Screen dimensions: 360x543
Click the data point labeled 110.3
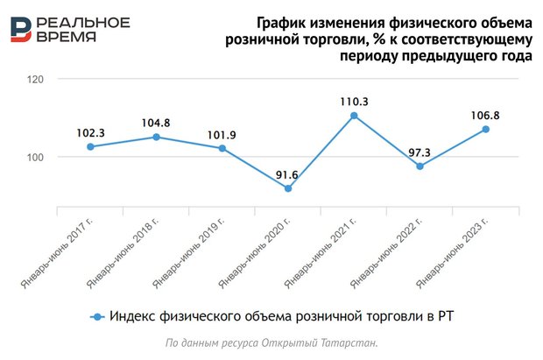[354, 116]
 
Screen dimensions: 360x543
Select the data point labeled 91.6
[288, 188]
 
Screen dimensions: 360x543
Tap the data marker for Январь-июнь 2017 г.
[90, 146]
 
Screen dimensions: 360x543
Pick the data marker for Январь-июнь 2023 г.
[486, 129]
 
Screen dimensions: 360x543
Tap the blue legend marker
[97, 316]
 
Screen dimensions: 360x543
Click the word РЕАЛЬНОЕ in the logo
[85, 22]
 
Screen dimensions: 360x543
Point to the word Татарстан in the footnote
[348, 342]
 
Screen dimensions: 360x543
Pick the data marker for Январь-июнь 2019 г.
[222, 148]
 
